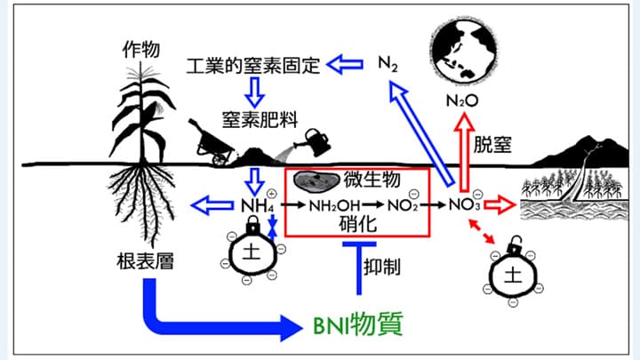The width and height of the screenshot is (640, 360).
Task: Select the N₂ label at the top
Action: point(388,63)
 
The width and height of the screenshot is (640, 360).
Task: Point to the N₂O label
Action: point(462,100)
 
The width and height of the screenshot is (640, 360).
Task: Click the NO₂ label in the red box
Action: point(401,205)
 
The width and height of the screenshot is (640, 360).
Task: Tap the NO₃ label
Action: point(463,205)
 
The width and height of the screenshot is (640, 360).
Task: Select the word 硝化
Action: point(359,226)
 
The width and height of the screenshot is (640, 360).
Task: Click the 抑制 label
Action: point(383,266)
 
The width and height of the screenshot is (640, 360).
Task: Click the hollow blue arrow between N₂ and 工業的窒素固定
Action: point(348,65)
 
